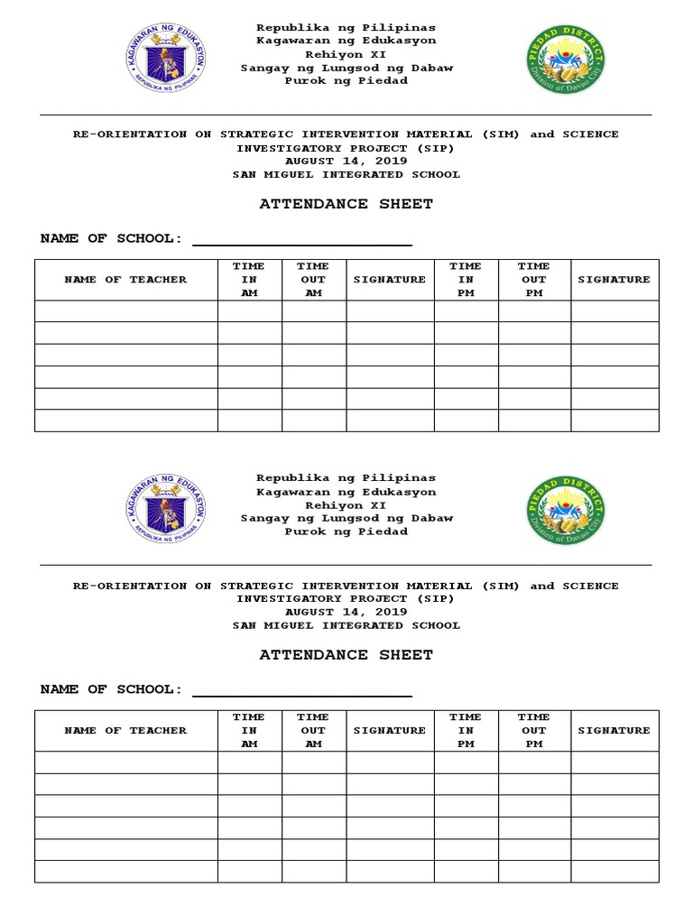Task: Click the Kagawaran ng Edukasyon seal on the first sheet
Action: tap(165, 59)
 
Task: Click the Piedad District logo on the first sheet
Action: tap(566, 59)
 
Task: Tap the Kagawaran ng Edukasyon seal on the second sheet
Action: tap(165, 509)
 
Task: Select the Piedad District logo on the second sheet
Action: tap(566, 509)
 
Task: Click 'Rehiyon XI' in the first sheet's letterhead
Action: tap(346, 54)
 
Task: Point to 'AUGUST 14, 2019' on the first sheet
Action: tap(346, 162)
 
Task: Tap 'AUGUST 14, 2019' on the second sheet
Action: tap(346, 612)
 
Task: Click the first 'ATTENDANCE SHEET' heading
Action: tap(346, 204)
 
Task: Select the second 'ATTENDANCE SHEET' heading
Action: tap(346, 655)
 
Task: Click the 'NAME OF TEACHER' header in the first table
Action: tap(126, 280)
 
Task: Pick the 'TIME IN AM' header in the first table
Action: tap(249, 280)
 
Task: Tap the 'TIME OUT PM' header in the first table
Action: tap(533, 280)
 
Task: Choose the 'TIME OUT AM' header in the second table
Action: tap(313, 730)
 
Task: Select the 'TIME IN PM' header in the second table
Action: tap(466, 730)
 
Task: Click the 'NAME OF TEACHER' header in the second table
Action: tap(126, 730)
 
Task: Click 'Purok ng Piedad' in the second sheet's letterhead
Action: tap(346, 531)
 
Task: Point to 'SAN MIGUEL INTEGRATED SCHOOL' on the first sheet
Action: tap(346, 175)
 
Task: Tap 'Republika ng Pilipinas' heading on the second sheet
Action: tap(346, 478)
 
